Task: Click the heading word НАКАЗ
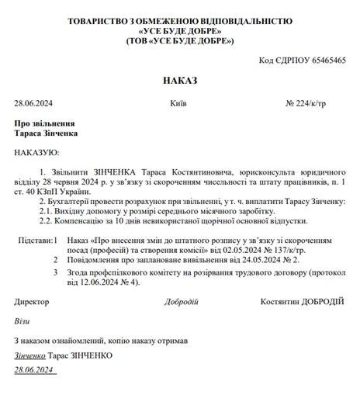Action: (180, 80)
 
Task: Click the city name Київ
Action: (178, 102)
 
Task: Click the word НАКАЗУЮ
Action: (36, 152)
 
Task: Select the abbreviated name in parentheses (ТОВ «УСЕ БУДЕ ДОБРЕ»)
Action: (180, 40)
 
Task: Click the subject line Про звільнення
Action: (44, 123)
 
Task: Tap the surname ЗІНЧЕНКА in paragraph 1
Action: (99, 171)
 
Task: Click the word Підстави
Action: (34, 241)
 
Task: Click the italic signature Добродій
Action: (182, 301)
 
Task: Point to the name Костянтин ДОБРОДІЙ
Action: (303, 301)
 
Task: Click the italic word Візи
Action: (22, 320)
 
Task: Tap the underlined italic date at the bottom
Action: (33, 369)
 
